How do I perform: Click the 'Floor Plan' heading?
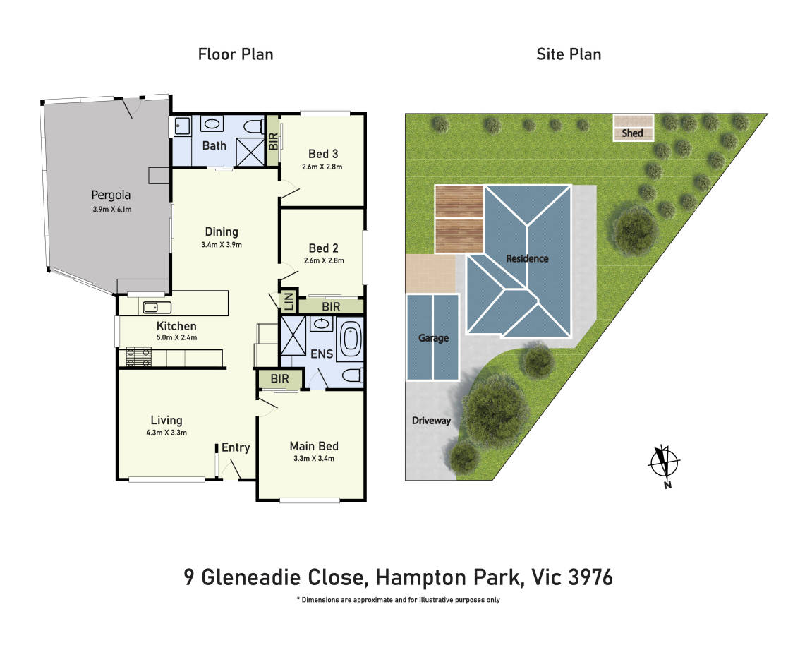click(x=236, y=54)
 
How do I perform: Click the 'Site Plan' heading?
click(x=569, y=54)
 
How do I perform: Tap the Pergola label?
click(x=111, y=195)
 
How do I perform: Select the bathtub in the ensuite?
click(x=351, y=339)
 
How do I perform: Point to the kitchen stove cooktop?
click(x=139, y=357)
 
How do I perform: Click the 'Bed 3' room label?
click(x=323, y=154)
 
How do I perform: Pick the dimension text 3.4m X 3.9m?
click(x=221, y=244)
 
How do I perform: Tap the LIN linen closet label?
click(x=289, y=301)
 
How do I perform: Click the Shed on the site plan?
click(x=633, y=128)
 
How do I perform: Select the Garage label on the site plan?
click(x=433, y=337)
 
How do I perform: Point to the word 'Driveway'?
click(x=431, y=421)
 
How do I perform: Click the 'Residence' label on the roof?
click(x=527, y=258)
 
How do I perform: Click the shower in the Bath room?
click(x=250, y=152)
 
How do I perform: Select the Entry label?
click(x=236, y=447)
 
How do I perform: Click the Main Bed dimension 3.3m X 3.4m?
click(x=314, y=458)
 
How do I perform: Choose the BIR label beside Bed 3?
click(x=274, y=141)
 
